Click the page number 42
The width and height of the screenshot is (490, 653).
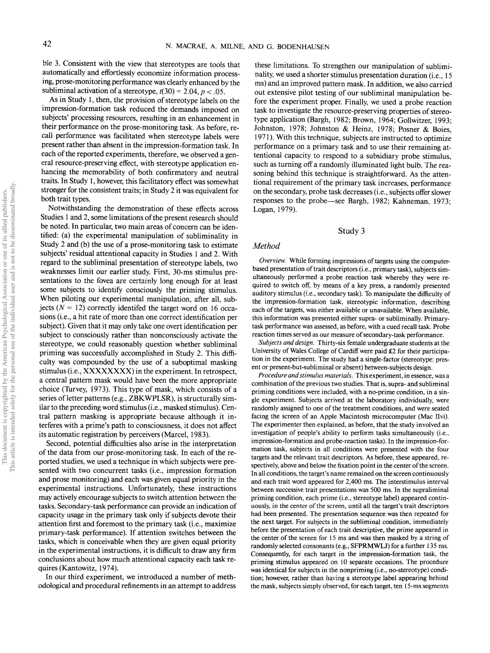tap(47, 44)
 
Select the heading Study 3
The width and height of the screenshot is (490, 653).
tap(351, 231)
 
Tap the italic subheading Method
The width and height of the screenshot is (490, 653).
tap(266, 246)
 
